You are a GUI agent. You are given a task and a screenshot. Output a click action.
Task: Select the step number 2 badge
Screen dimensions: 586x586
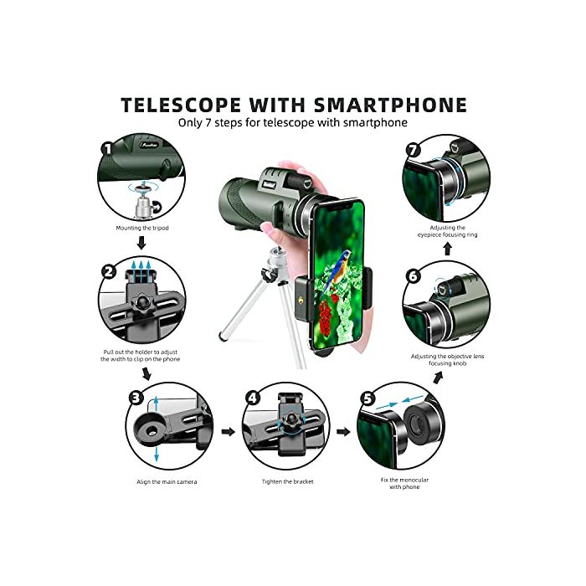point(108,271)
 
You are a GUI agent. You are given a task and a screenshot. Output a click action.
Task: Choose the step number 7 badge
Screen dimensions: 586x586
point(412,152)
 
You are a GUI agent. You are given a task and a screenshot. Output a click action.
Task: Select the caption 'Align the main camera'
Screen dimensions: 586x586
point(167,481)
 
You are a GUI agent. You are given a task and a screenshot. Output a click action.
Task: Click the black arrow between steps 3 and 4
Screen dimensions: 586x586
point(226,432)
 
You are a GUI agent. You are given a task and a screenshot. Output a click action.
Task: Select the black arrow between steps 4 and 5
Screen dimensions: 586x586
point(342,432)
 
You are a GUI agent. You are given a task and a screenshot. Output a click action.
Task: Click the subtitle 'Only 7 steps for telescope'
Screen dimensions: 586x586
point(292,122)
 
